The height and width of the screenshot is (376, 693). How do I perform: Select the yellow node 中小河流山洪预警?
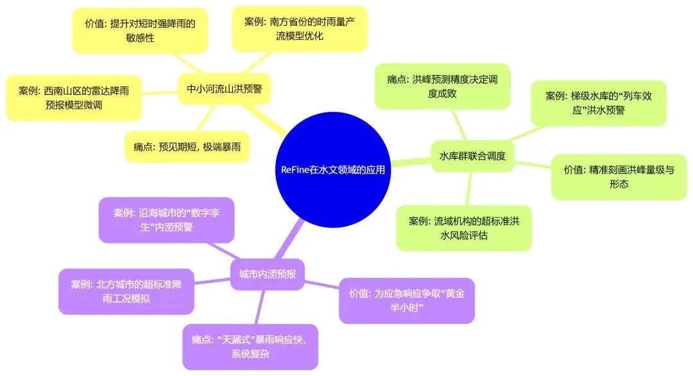[224, 88]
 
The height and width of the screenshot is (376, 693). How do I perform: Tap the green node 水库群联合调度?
[472, 156]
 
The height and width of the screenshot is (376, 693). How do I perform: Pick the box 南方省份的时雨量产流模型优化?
[298, 29]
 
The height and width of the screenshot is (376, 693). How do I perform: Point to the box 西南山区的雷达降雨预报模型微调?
[73, 98]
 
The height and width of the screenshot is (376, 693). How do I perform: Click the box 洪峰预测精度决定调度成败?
[442, 86]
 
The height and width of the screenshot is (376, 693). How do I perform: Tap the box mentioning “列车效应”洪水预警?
[598, 103]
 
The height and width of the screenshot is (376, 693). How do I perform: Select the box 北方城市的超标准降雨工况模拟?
[126, 291]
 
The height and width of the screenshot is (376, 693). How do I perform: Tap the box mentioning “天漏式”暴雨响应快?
[250, 347]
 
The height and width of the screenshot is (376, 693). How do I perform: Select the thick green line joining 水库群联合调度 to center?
[411, 161]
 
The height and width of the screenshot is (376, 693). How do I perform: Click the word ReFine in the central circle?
[296, 170]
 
